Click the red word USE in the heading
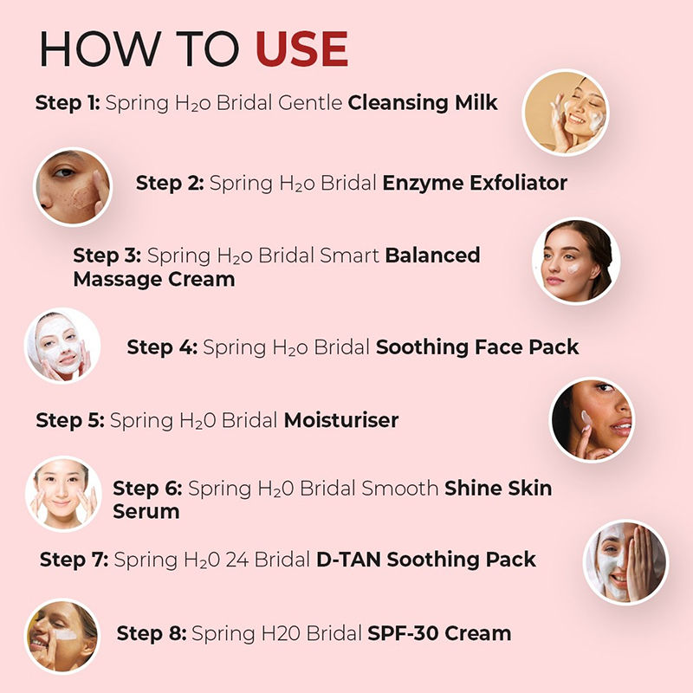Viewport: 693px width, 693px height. (302, 49)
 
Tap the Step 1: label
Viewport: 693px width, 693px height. (68, 102)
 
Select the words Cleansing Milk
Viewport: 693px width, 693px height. (423, 102)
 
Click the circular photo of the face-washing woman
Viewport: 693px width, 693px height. (566, 113)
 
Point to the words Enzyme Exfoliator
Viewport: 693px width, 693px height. (475, 183)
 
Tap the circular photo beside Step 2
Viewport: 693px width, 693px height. (73, 186)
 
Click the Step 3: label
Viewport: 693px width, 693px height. (107, 256)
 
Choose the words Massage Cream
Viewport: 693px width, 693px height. (154, 279)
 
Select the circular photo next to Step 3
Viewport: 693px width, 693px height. (576, 262)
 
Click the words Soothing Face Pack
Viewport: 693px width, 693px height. (477, 347)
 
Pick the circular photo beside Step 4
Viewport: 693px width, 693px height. (62, 345)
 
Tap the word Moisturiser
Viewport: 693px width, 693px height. (341, 420)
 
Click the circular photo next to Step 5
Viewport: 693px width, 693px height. (592, 420)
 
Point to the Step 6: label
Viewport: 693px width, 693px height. (147, 489)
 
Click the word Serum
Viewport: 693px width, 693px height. (146, 512)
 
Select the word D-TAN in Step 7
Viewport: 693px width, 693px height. (349, 560)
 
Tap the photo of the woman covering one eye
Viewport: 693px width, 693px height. (625, 562)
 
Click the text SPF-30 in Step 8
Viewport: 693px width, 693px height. (404, 633)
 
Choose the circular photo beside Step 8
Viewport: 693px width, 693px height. (62, 636)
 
